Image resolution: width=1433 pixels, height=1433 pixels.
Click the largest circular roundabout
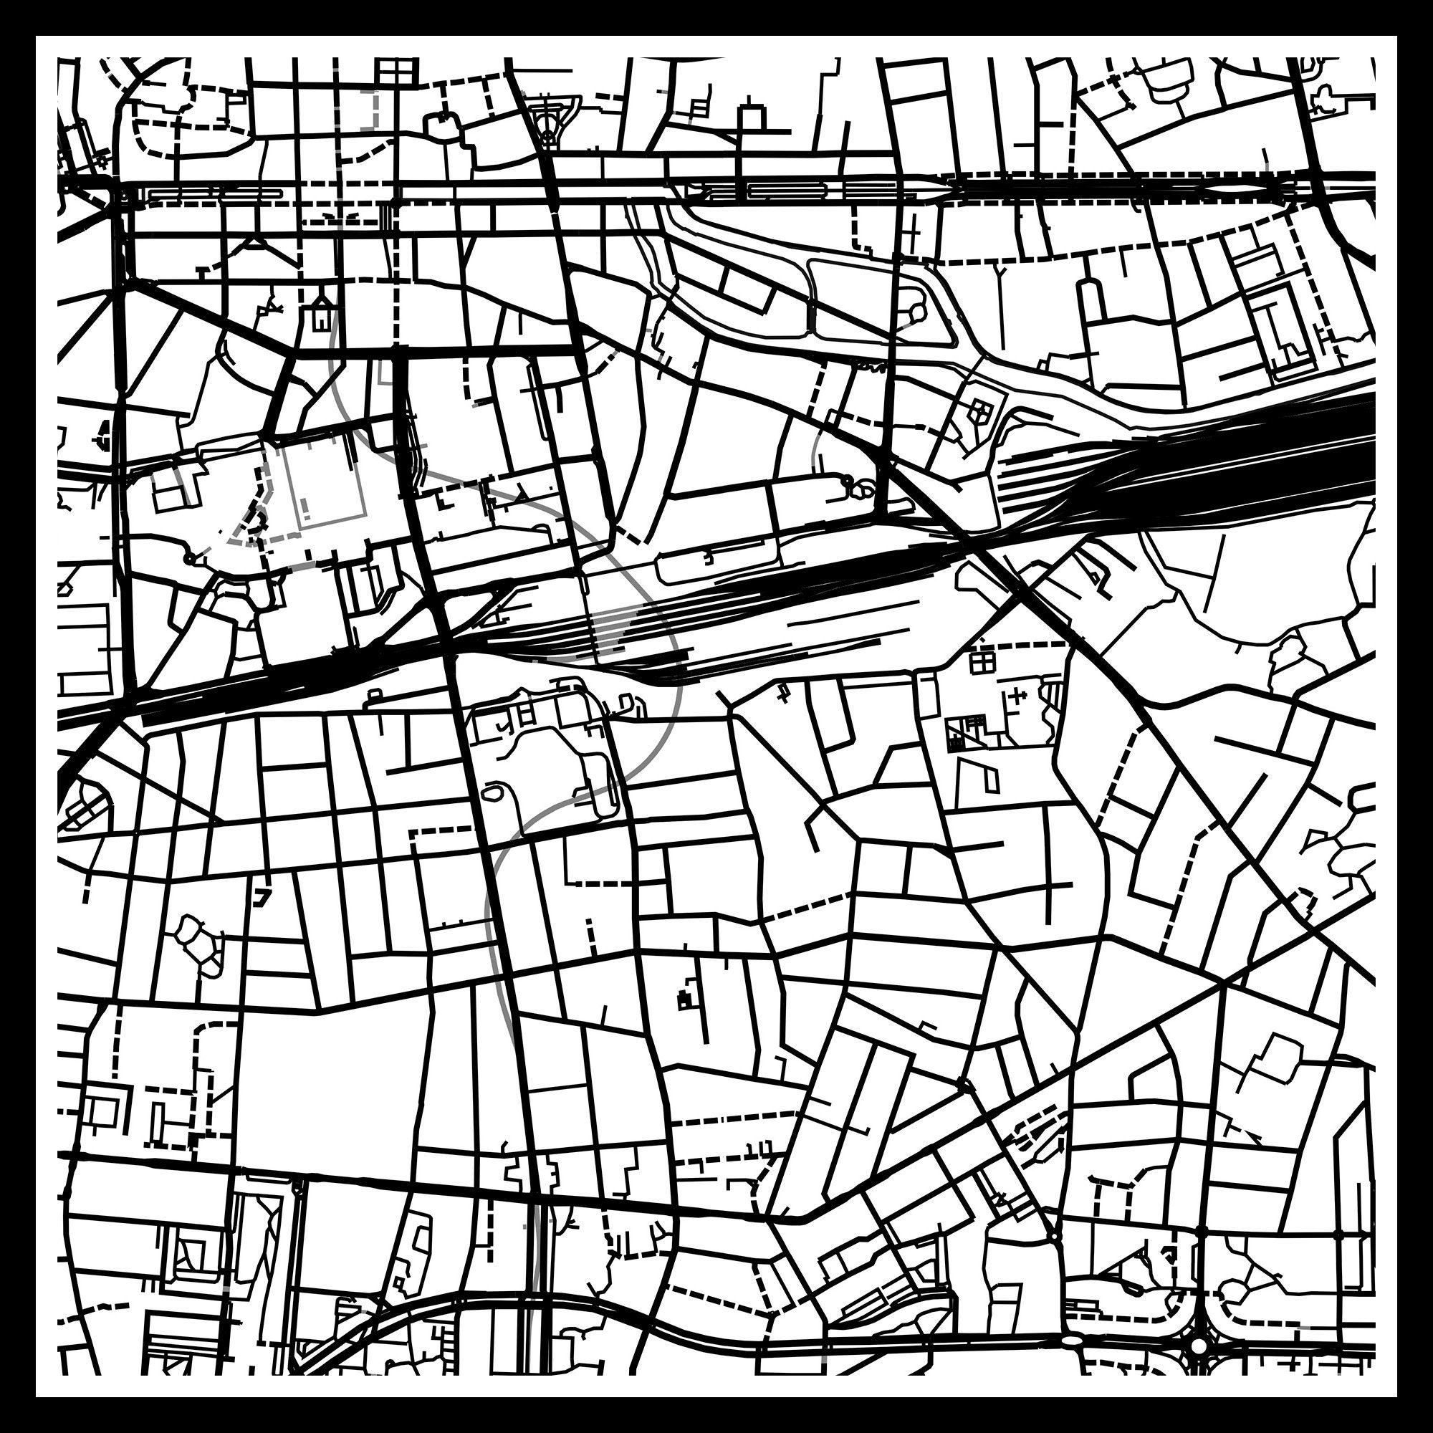[1199, 1345]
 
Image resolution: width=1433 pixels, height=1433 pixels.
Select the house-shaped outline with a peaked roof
[322, 313]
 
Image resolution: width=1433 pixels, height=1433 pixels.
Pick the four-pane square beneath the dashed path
[983, 660]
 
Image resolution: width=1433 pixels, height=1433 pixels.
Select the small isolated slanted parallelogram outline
[991, 778]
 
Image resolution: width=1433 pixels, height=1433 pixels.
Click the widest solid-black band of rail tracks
[1261, 460]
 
